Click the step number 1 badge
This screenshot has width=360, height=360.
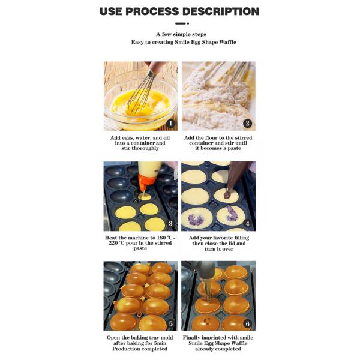point(170,124)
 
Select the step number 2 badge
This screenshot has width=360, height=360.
point(247,124)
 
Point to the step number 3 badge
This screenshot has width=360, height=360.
point(170,223)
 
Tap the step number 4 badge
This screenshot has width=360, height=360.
point(247,223)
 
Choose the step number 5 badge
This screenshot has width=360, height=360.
point(170,323)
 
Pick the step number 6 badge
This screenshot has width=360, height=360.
point(247,323)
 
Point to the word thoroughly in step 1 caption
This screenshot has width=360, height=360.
point(146,148)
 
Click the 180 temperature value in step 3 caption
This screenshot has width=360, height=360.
point(161,238)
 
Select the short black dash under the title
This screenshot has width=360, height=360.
point(180,23)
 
